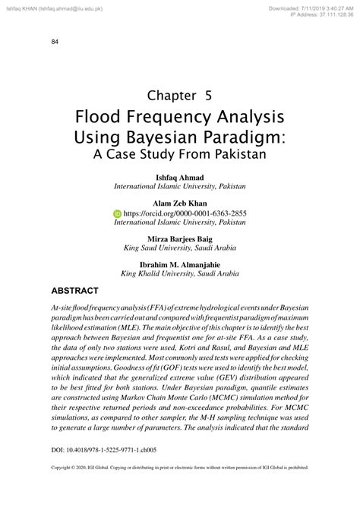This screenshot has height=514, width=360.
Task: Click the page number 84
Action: point(55,41)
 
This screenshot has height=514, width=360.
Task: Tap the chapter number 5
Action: point(207,96)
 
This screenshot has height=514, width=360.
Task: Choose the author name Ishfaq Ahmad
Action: point(179,177)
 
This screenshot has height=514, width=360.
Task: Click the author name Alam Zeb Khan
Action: point(179,204)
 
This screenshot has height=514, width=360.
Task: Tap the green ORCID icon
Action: point(117,214)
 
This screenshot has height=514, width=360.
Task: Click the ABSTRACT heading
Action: point(74,292)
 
